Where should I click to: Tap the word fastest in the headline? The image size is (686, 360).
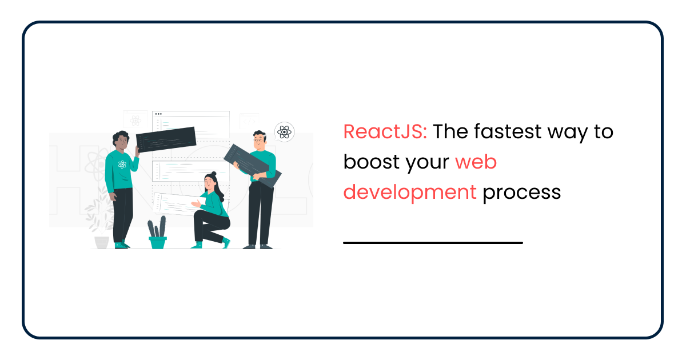pos(508,131)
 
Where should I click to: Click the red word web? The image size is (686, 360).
pos(476,162)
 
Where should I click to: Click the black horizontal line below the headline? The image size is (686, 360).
pos(433,243)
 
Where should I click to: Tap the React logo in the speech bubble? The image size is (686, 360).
pos(285,132)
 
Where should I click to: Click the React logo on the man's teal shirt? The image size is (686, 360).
pos(122,165)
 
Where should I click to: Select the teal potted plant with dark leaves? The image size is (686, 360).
pos(157,233)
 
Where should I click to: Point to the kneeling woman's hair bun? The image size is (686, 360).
pos(214,174)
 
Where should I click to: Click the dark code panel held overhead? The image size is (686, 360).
pos(166,139)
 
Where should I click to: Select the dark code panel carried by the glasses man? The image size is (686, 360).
pos(253,166)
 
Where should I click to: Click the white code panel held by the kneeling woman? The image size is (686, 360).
pos(178,204)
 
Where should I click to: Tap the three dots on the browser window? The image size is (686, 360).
pos(158,114)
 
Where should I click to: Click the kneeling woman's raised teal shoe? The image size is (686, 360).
pos(226,243)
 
